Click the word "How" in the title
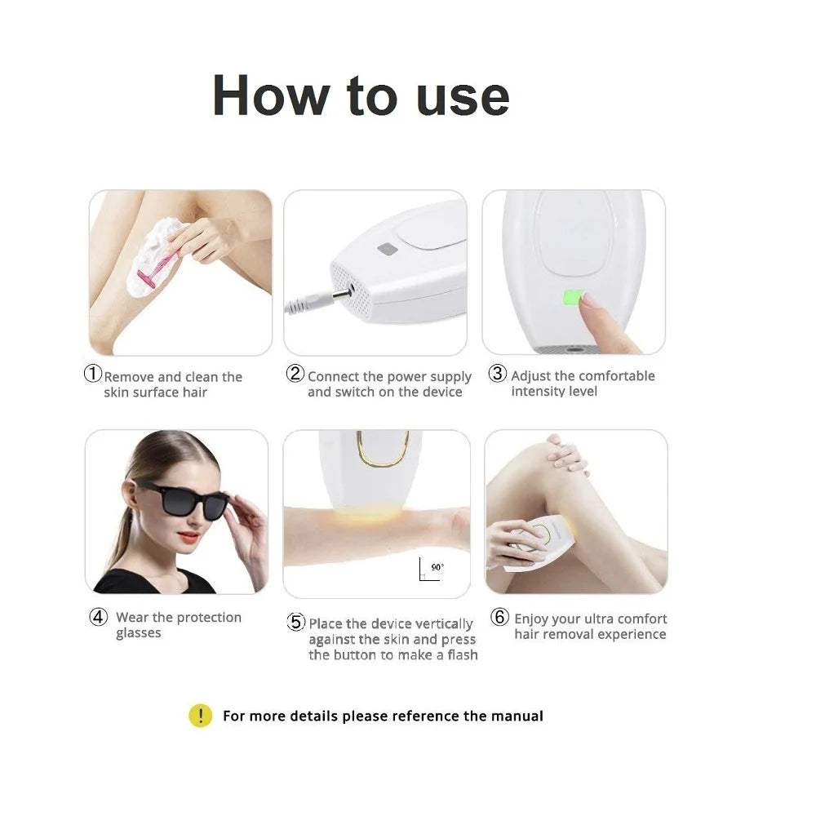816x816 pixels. click(x=268, y=95)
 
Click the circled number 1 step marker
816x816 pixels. click(x=93, y=375)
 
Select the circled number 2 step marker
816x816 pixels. click(x=295, y=374)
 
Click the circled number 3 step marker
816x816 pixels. click(x=498, y=374)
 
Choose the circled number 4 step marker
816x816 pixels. click(x=99, y=617)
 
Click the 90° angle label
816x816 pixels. click(x=437, y=566)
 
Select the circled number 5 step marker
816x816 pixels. click(x=296, y=622)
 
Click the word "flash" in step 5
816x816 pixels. click(x=463, y=655)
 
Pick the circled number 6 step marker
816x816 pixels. click(x=499, y=618)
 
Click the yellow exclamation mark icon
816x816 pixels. click(x=200, y=716)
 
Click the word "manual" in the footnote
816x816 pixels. click(x=517, y=716)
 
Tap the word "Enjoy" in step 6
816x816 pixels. click(x=533, y=619)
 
